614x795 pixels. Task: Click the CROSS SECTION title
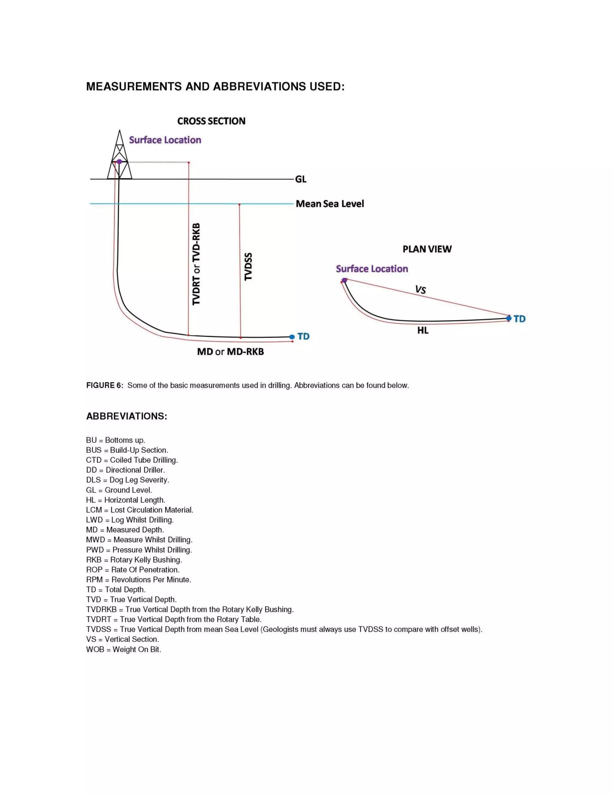pyautogui.click(x=211, y=121)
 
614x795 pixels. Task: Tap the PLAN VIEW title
pyautogui.click(x=427, y=249)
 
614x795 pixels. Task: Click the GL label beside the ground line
pyautogui.click(x=301, y=179)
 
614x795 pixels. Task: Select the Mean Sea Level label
pyautogui.click(x=329, y=204)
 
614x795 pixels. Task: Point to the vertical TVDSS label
pyautogui.click(x=249, y=266)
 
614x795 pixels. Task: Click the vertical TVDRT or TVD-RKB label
pyautogui.click(x=196, y=264)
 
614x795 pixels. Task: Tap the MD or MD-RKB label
pyautogui.click(x=230, y=352)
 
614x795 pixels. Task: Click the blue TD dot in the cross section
pyautogui.click(x=292, y=337)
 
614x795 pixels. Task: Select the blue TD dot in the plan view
pyautogui.click(x=508, y=319)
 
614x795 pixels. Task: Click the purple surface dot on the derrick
pyautogui.click(x=119, y=162)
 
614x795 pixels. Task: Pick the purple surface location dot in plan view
pyautogui.click(x=344, y=280)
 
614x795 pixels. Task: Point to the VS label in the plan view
pyautogui.click(x=421, y=290)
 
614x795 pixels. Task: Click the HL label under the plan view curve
pyautogui.click(x=423, y=331)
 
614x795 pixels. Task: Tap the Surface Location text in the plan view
pyautogui.click(x=372, y=269)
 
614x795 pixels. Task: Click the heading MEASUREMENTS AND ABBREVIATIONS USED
pyautogui.click(x=215, y=87)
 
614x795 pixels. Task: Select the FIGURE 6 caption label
pyautogui.click(x=105, y=385)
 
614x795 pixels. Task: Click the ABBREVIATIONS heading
pyautogui.click(x=127, y=416)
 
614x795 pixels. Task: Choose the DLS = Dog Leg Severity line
pyautogui.click(x=128, y=480)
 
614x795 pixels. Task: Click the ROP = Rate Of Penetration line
pyautogui.click(x=133, y=570)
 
